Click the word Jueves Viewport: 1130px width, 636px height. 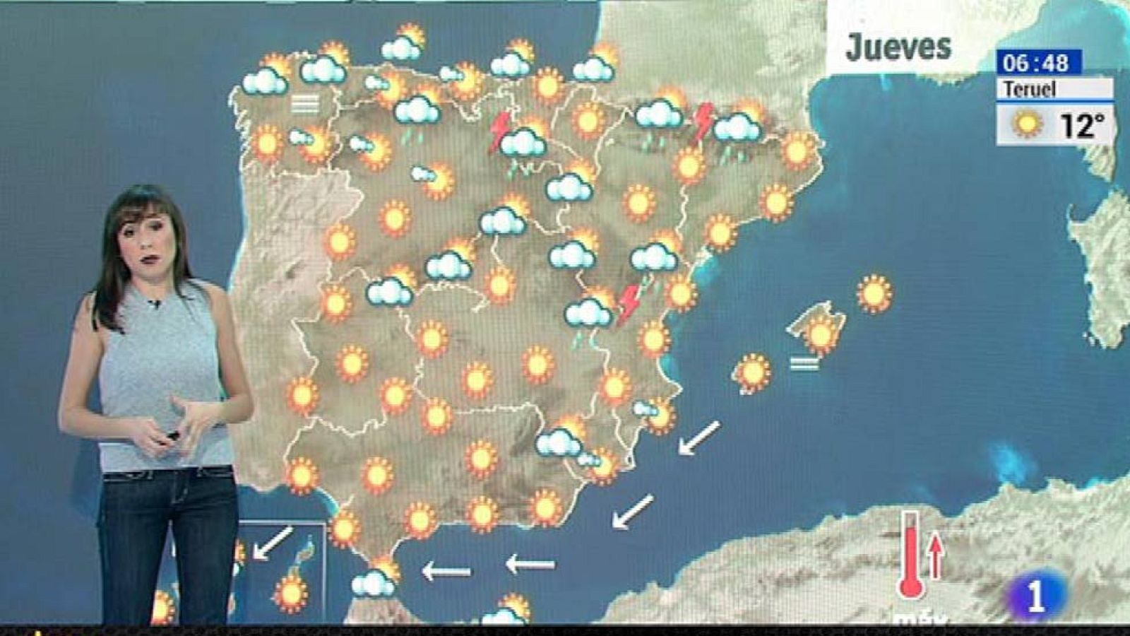(x=898, y=47)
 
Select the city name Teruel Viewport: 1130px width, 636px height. (x=1030, y=89)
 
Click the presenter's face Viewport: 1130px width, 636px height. (x=148, y=244)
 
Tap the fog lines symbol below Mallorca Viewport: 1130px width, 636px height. (x=804, y=363)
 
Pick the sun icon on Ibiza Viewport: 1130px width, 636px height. (x=752, y=372)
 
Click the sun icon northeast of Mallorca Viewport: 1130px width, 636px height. (x=874, y=293)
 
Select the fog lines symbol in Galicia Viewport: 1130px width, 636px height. (x=305, y=105)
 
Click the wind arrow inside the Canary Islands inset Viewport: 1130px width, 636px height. (x=272, y=543)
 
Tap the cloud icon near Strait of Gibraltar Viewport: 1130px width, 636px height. (x=373, y=583)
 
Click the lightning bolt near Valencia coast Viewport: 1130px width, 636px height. (x=628, y=304)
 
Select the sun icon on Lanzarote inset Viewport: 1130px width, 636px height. (x=291, y=594)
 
